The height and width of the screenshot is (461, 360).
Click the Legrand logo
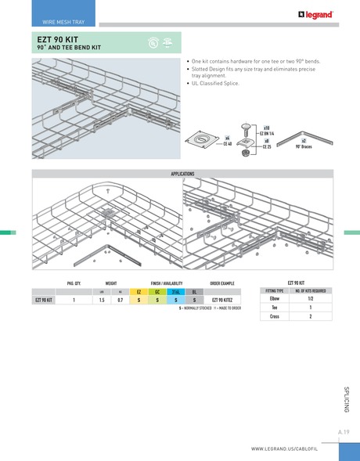pyautogui.click(x=315, y=13)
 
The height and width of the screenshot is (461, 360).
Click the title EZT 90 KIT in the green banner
pyautogui.click(x=59, y=38)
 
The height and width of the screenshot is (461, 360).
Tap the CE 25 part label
pyautogui.click(x=267, y=146)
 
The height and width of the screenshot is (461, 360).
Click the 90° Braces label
pyautogui.click(x=304, y=146)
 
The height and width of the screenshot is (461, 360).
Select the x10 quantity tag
pyautogui.click(x=266, y=128)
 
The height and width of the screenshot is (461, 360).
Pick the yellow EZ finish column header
pyautogui.click(x=139, y=291)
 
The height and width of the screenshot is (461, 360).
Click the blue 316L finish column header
pyautogui.click(x=176, y=291)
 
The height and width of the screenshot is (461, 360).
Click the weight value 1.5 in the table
pyautogui.click(x=102, y=300)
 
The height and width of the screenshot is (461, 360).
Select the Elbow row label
pyautogui.click(x=275, y=299)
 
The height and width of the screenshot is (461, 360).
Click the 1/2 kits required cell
pyautogui.click(x=310, y=299)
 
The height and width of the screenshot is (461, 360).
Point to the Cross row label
pyautogui.click(x=275, y=317)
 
